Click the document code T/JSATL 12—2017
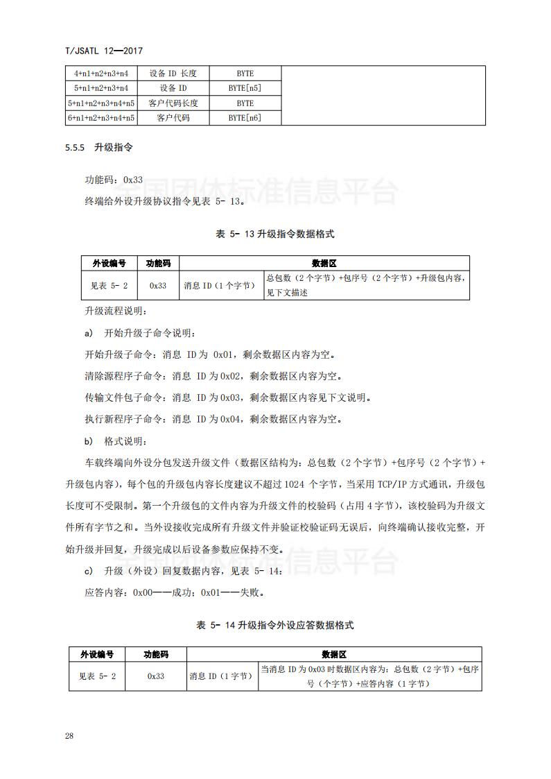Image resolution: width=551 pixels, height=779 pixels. pos(102,51)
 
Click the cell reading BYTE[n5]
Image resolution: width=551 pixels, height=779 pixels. pos(245,88)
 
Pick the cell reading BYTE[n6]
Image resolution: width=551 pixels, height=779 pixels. pos(245,118)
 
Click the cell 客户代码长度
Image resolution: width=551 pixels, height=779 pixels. pos(173,103)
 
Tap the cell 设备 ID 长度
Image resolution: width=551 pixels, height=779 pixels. pos(173,74)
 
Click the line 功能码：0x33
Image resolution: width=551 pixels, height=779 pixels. pos(114,180)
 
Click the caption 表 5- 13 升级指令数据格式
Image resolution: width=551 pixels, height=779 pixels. pos(275,234)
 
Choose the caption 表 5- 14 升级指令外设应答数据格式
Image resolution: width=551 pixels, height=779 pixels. pos(275,625)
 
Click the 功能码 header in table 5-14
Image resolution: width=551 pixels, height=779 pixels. pos(155,654)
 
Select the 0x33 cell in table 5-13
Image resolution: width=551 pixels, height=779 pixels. pos(158,286)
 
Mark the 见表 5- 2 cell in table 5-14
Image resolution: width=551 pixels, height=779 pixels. pos(97,676)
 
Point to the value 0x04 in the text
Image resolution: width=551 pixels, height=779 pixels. pos(231,420)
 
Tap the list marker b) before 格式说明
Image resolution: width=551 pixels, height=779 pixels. pos(88,441)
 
